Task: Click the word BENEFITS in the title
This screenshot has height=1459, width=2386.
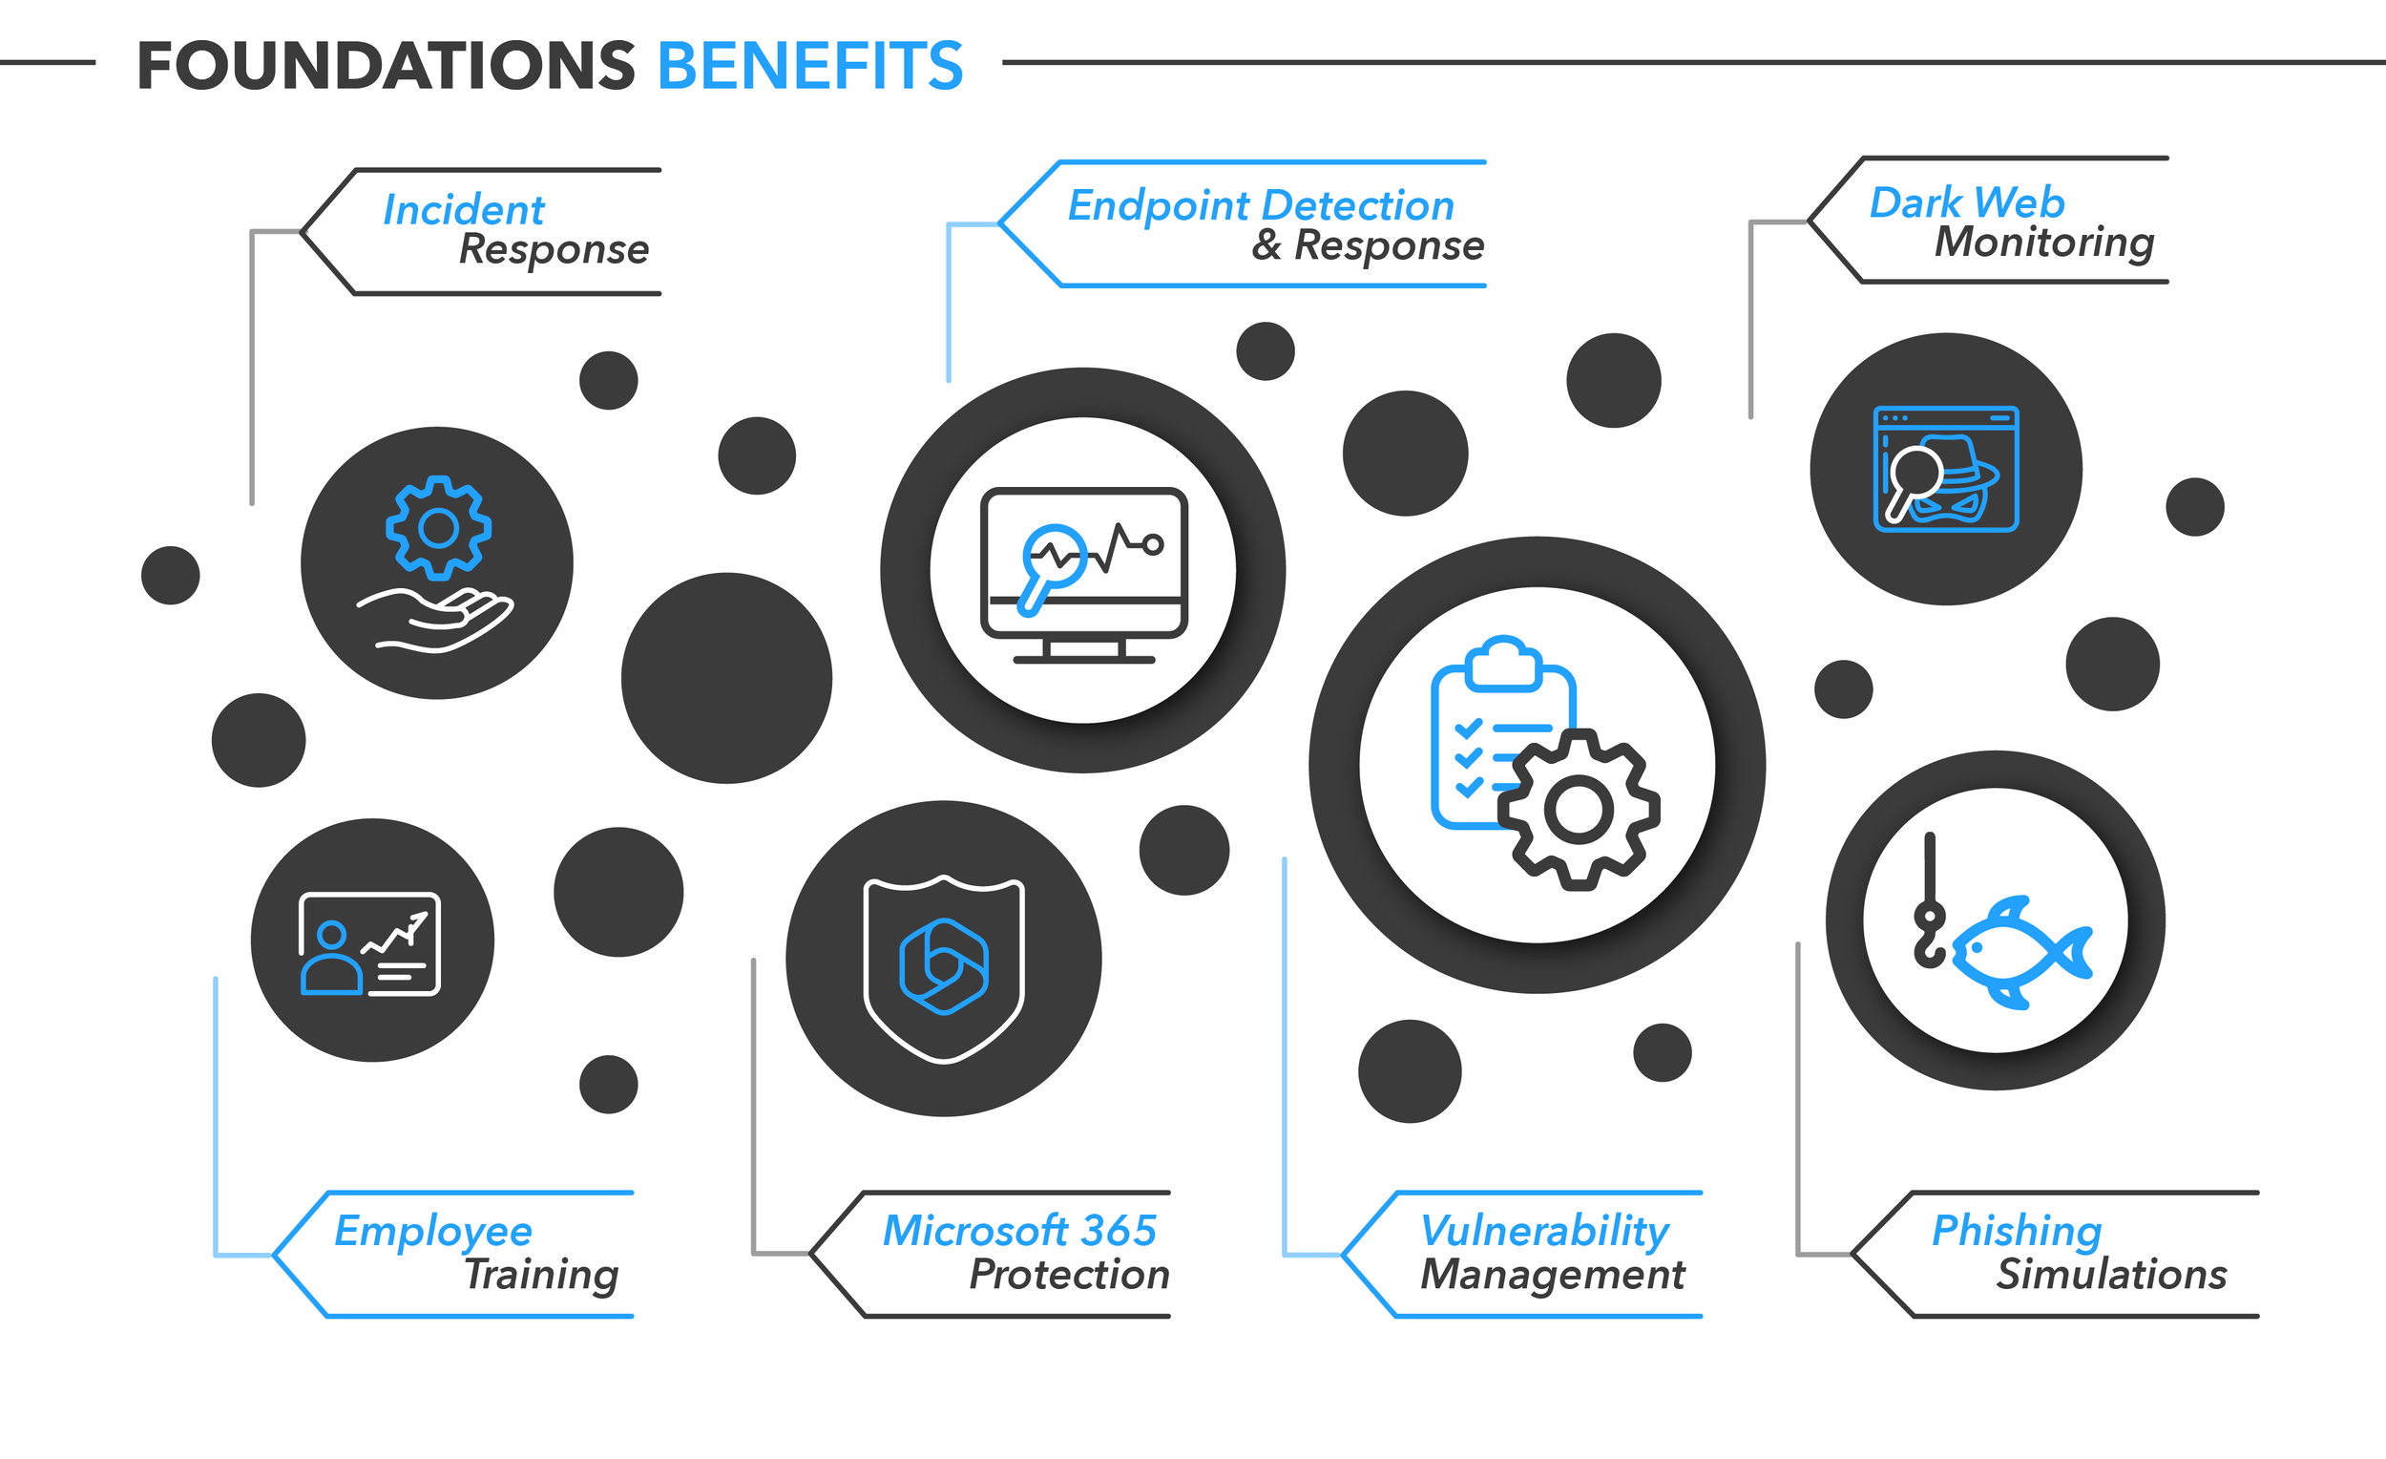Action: [x=809, y=66]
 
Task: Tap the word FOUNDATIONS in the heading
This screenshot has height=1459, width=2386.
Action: [x=386, y=66]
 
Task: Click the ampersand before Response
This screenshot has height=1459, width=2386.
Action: [x=1266, y=244]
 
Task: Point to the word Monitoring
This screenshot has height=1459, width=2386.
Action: [x=2043, y=242]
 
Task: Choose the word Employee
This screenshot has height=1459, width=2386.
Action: [x=433, y=1231]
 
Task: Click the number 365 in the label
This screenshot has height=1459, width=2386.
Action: [x=1119, y=1231]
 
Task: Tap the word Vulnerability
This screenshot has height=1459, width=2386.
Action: [x=1543, y=1231]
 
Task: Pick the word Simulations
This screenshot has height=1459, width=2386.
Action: [x=2111, y=1274]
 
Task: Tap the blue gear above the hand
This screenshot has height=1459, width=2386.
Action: [x=439, y=528]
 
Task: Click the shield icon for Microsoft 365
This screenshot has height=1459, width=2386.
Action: [x=943, y=969]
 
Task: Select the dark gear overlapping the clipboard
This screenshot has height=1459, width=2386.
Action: [x=1579, y=809]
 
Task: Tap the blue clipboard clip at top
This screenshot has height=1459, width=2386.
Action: [x=1503, y=663]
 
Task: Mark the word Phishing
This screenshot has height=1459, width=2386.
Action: [x=2016, y=1231]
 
